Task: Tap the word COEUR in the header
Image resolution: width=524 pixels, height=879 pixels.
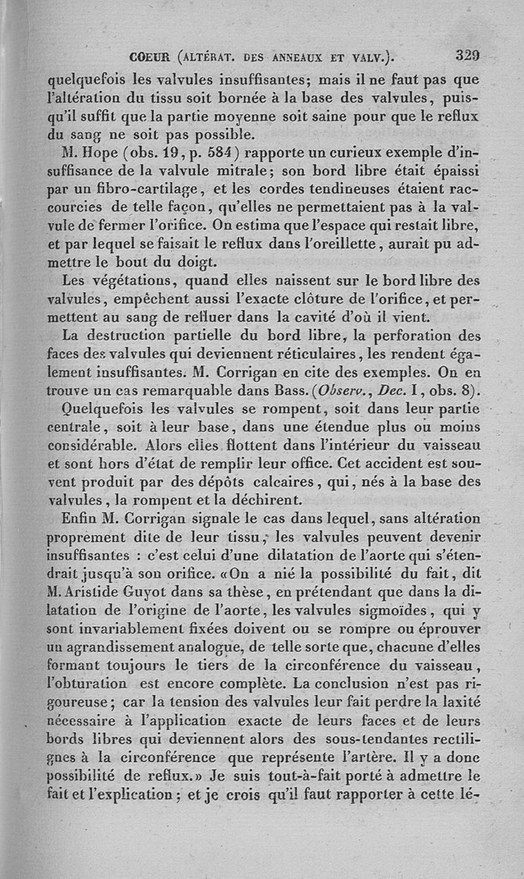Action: click(x=150, y=56)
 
